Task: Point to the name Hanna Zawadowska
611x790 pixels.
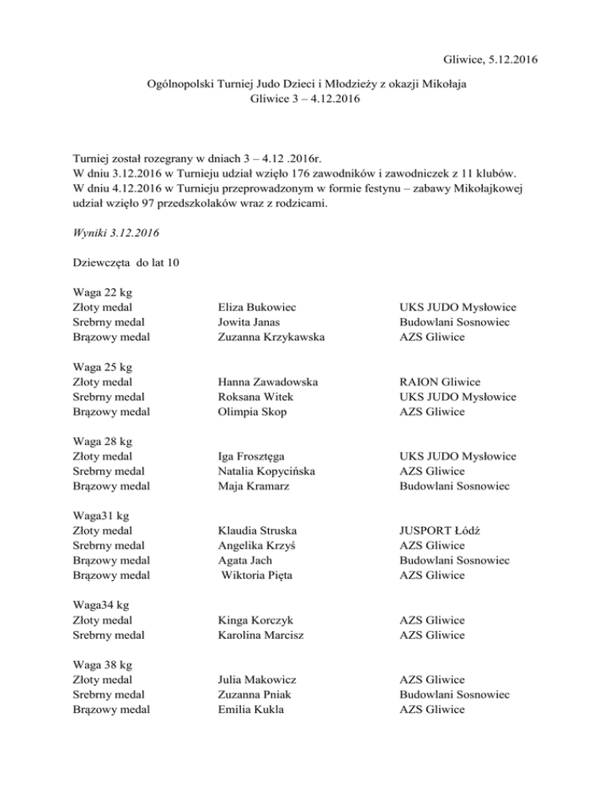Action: (268, 382)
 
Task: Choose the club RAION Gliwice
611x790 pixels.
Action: (440, 382)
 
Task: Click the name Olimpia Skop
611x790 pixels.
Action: (252, 412)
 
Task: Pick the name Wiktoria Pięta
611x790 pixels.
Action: (257, 576)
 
